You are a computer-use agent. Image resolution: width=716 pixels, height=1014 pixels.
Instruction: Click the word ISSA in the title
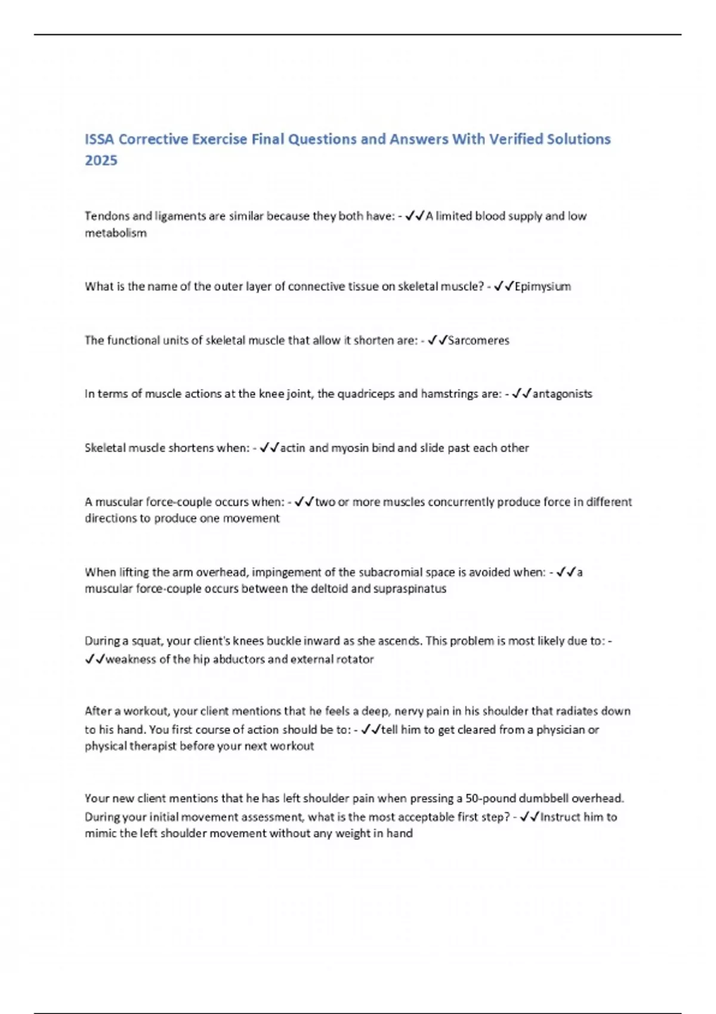click(x=100, y=139)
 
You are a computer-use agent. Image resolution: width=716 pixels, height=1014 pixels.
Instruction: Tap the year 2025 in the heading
click(x=101, y=160)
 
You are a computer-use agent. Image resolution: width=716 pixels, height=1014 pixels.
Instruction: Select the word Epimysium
click(x=542, y=287)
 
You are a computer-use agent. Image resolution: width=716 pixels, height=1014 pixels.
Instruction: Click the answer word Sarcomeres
click(x=479, y=341)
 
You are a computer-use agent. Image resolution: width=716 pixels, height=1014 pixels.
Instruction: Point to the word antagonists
click(x=562, y=394)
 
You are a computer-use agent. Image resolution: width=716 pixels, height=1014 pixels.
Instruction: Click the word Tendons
click(x=104, y=216)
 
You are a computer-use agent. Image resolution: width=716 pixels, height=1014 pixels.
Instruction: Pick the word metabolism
click(x=115, y=233)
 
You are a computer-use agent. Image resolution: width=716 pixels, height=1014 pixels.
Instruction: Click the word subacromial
click(x=390, y=573)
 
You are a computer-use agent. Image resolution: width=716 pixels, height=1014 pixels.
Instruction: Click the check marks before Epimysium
click(x=504, y=287)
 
